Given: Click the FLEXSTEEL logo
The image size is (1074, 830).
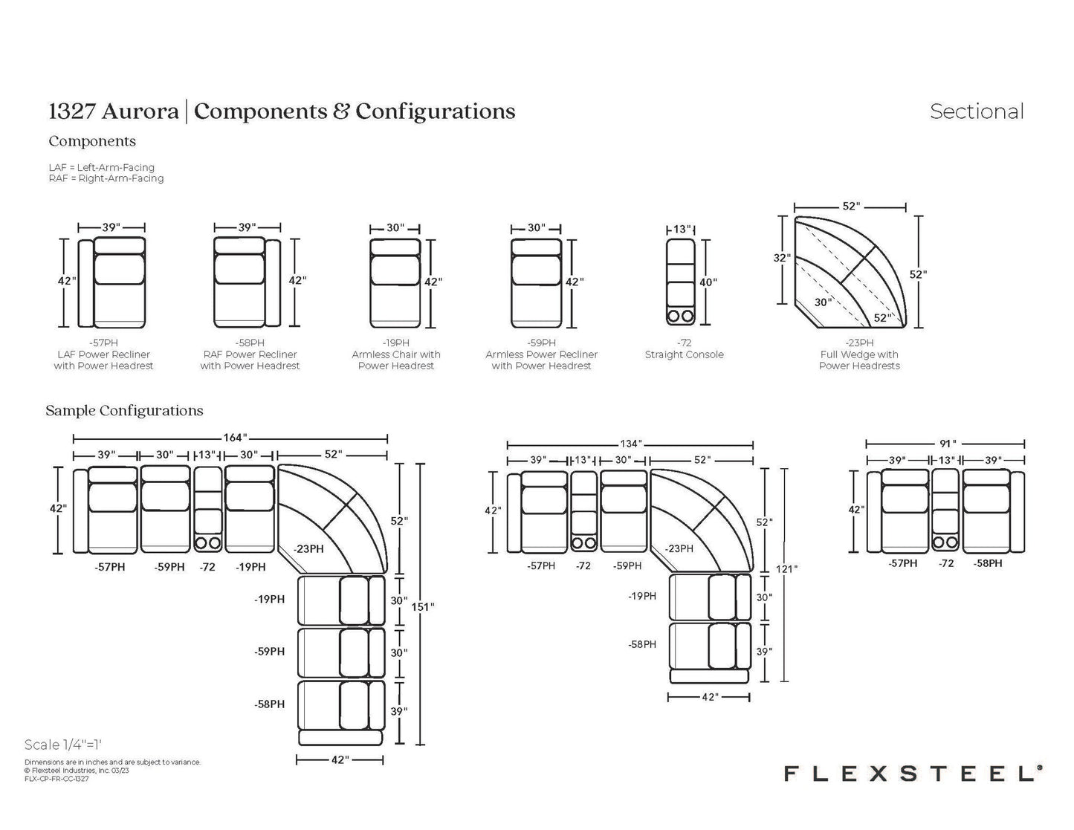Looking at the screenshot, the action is [x=913, y=774].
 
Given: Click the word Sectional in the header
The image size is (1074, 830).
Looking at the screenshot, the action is [x=977, y=111].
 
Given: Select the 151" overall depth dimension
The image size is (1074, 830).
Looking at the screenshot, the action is [x=423, y=606].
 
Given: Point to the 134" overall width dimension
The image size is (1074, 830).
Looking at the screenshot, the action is [x=631, y=444].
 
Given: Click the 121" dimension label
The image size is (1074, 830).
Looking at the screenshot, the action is [x=786, y=568].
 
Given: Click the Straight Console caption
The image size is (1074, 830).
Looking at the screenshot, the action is [x=684, y=354].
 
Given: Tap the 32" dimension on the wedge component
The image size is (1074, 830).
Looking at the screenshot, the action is [x=781, y=257].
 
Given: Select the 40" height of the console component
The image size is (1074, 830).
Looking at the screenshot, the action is [x=708, y=282].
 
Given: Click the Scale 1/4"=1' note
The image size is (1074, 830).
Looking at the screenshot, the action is [x=63, y=745].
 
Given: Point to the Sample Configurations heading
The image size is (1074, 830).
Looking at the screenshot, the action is [x=124, y=411].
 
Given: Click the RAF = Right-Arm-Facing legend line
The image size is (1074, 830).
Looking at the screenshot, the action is [x=106, y=178].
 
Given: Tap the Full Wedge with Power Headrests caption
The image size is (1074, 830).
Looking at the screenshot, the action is [x=859, y=360].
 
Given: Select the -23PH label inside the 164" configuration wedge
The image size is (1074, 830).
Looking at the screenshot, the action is [x=309, y=549].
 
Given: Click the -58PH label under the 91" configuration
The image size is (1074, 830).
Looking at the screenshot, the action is [x=988, y=563].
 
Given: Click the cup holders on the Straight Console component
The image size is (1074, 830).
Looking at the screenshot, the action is [x=681, y=317].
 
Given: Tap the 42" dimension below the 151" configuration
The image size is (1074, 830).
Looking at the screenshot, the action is [x=340, y=759].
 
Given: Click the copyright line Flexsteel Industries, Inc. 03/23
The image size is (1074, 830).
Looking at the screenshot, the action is [x=77, y=771].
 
